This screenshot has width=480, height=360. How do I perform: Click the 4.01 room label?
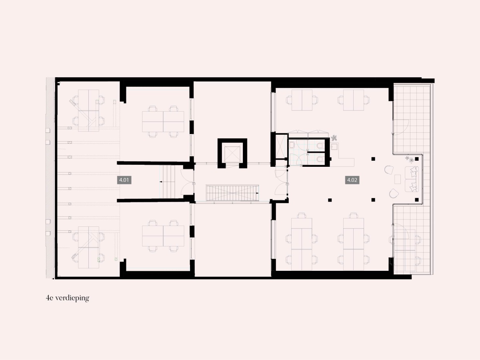124,180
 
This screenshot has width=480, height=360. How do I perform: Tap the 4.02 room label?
352,180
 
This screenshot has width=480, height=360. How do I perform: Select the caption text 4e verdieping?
68,298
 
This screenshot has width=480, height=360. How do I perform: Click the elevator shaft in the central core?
232,153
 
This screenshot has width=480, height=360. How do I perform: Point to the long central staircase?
232,193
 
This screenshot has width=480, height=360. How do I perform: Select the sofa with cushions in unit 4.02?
412,179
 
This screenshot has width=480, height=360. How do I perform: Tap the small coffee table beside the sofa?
398,179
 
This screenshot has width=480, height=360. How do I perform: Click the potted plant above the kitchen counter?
334,138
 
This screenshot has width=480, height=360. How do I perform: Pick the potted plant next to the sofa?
409,159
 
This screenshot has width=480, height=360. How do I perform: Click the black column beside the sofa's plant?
417,159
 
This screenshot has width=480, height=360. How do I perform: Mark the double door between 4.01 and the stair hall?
188,182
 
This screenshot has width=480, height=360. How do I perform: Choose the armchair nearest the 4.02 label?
389,170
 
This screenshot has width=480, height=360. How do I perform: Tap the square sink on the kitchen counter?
334,147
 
